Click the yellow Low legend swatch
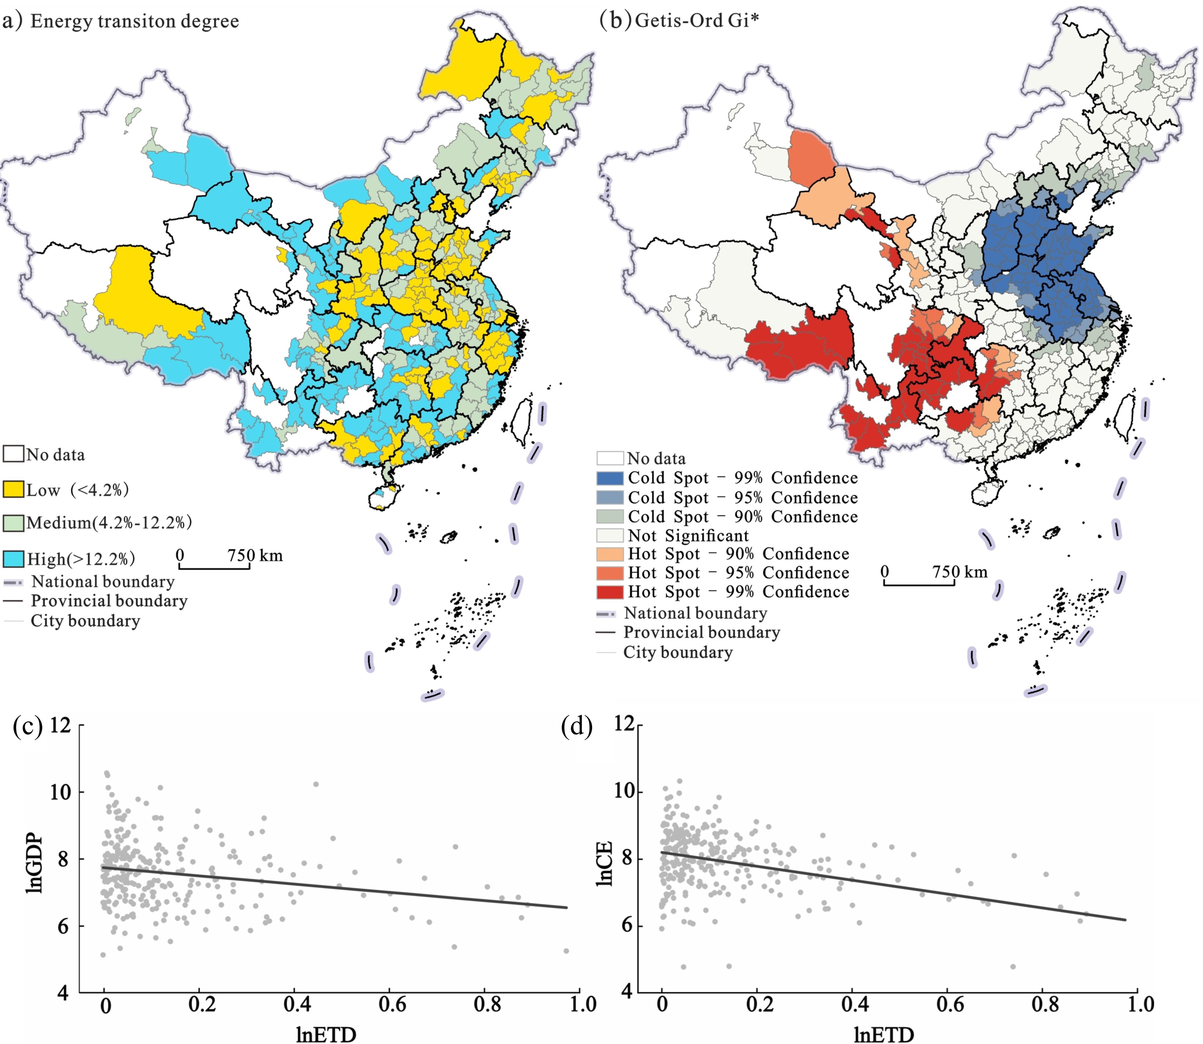[13, 489]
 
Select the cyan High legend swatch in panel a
[13, 559]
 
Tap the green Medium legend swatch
[13, 523]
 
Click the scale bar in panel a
[214, 566]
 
